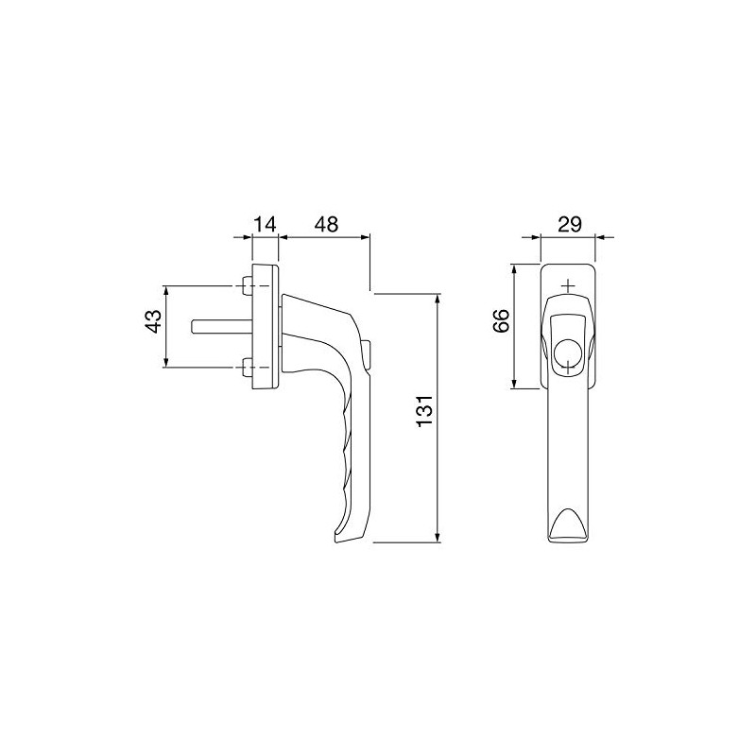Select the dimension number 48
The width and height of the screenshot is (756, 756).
tap(325, 225)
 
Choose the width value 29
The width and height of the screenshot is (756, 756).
tap(570, 224)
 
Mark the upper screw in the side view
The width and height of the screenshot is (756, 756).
tap(246, 285)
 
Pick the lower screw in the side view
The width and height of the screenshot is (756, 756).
tap(246, 367)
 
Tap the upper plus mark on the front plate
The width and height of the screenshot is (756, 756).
tap(567, 284)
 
